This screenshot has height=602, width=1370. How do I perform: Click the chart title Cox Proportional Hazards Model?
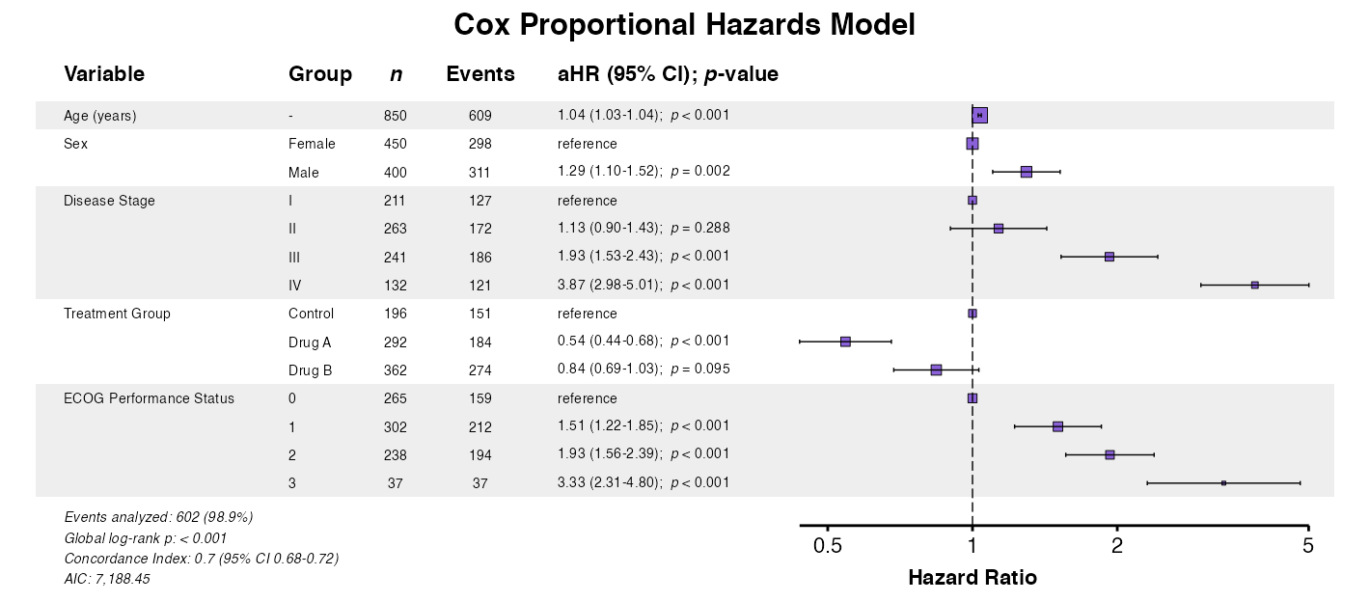pyautogui.click(x=684, y=25)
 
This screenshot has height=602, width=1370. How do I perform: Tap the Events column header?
pyautogui.click(x=479, y=74)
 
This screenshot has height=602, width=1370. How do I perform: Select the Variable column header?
pyautogui.click(x=104, y=74)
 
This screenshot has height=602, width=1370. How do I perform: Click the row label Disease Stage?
pyautogui.click(x=109, y=201)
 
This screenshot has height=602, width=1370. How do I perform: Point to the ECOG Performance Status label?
pyautogui.click(x=149, y=398)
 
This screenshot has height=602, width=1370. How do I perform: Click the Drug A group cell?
pyautogui.click(x=310, y=342)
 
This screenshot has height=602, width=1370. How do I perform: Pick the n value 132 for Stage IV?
pyautogui.click(x=395, y=286)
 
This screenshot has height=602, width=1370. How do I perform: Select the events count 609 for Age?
pyautogui.click(x=479, y=116)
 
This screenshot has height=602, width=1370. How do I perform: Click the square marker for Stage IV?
pyautogui.click(x=1254, y=286)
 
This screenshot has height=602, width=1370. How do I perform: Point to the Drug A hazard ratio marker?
pyautogui.click(x=845, y=342)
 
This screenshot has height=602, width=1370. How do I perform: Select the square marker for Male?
pyautogui.click(x=1026, y=172)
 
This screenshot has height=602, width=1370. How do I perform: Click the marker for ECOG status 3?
pyautogui.click(x=1223, y=482)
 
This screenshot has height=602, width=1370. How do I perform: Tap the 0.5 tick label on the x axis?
pyautogui.click(x=828, y=547)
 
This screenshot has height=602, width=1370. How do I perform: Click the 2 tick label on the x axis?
pyautogui.click(x=1117, y=547)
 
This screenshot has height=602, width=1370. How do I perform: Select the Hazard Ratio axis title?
pyautogui.click(x=973, y=578)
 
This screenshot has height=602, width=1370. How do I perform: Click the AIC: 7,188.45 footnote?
pyautogui.click(x=107, y=579)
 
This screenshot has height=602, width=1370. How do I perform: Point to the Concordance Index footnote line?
pyautogui.click(x=201, y=559)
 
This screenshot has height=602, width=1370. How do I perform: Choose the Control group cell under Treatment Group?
pyautogui.click(x=311, y=314)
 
